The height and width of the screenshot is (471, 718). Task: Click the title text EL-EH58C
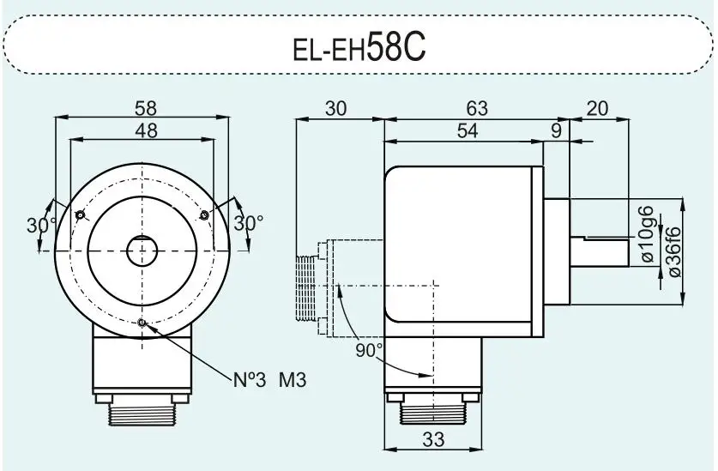(359, 48)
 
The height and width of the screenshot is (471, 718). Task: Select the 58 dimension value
(146, 108)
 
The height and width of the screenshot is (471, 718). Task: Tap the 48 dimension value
(146, 130)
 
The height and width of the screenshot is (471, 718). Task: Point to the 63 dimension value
(477, 108)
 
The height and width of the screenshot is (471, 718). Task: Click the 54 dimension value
(468, 130)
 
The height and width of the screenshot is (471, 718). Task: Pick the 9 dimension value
(556, 131)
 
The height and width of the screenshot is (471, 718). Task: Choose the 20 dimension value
(597, 109)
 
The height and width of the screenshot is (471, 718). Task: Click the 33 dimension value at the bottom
(433, 439)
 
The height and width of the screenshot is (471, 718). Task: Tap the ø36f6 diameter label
(675, 251)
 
